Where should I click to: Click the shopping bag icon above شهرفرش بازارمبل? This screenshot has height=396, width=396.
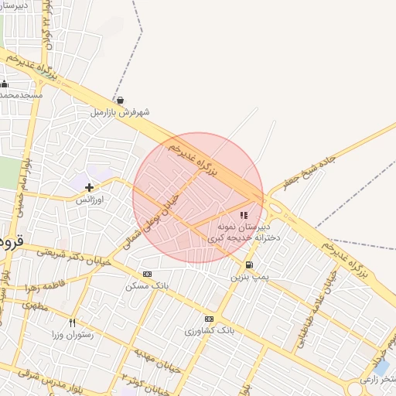[x=120, y=100]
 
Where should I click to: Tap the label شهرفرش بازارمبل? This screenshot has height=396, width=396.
[x=120, y=112]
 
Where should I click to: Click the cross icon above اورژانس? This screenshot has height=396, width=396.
[x=89, y=186]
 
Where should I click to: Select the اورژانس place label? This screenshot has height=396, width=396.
[x=90, y=199]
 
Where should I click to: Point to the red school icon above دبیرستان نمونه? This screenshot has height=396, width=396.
[x=244, y=216]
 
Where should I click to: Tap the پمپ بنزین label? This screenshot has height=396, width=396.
[x=249, y=276]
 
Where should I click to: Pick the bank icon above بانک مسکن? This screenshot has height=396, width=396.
[x=147, y=274]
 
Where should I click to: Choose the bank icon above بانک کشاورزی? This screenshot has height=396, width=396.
[x=209, y=319]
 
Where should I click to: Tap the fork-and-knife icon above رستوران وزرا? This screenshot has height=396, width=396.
[x=72, y=323]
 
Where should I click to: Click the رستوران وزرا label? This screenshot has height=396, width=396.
[x=71, y=334]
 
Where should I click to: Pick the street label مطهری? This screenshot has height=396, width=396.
[x=35, y=306]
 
